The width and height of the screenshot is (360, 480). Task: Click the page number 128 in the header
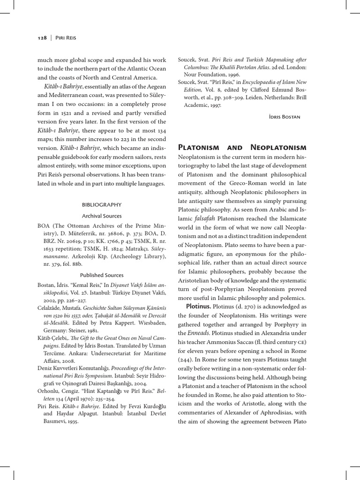pos(41,38)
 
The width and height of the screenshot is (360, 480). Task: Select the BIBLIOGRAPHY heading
pos(102,204)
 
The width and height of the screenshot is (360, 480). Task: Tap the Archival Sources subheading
pos(102,216)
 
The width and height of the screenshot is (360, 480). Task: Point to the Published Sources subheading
pos(102,275)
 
